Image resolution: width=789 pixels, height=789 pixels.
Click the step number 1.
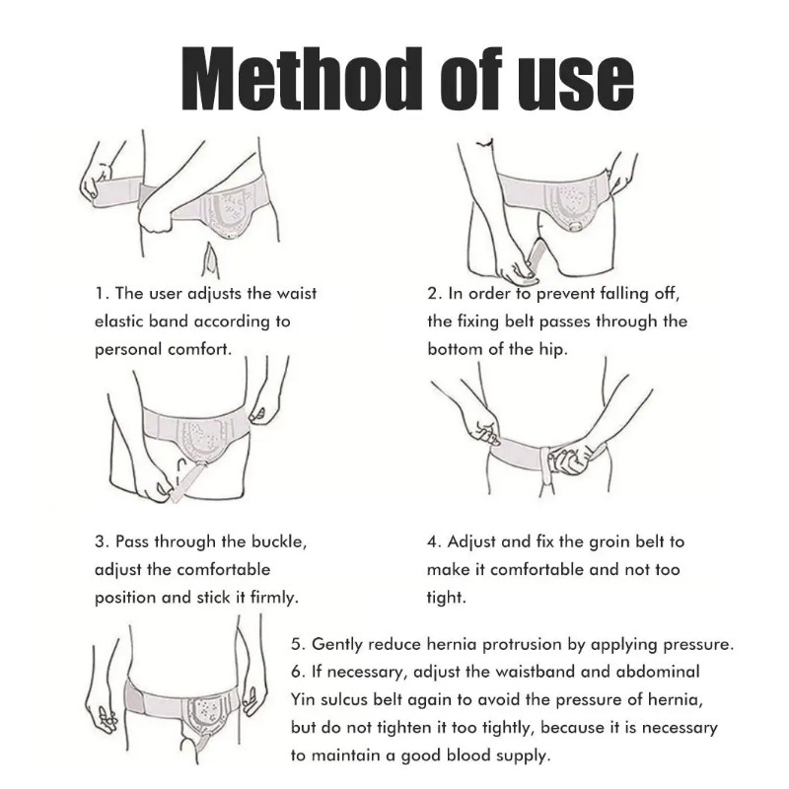pos(101,293)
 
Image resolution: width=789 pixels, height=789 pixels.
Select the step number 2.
pos(434,293)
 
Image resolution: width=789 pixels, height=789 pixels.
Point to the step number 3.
pos(102,541)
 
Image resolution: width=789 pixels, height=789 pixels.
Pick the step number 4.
pos(434,541)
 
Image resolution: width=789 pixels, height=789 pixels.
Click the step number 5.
pos(298,645)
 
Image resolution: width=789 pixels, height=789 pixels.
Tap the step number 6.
pos(298,672)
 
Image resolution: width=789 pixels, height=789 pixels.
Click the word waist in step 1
pos(297,293)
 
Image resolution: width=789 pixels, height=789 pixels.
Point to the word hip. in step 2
pos(554,350)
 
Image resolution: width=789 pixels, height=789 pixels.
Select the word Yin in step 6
pos(302,700)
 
